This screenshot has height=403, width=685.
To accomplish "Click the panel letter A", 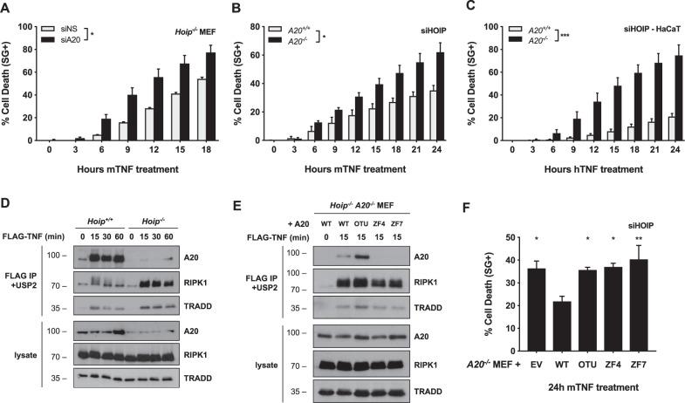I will tap(6, 7).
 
